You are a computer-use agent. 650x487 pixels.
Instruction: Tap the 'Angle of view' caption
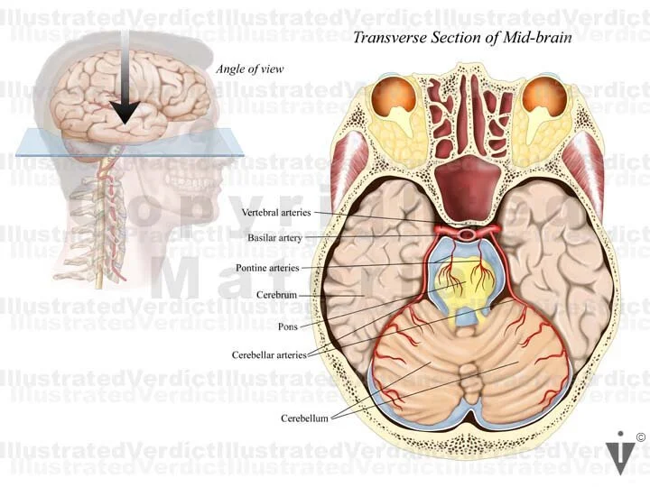pos(244,69)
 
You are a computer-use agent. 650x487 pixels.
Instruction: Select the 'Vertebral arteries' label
pos(277,213)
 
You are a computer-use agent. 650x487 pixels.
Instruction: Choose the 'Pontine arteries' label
pos(267,268)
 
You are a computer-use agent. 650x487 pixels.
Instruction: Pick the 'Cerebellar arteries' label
pos(269,354)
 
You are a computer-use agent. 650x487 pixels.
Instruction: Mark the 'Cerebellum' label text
pos(303,418)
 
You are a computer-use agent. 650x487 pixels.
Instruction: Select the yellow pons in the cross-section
pos(467,284)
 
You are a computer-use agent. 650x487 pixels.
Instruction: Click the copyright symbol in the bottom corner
pos(640,437)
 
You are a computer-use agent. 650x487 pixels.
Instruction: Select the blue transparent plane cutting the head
pos(54,142)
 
